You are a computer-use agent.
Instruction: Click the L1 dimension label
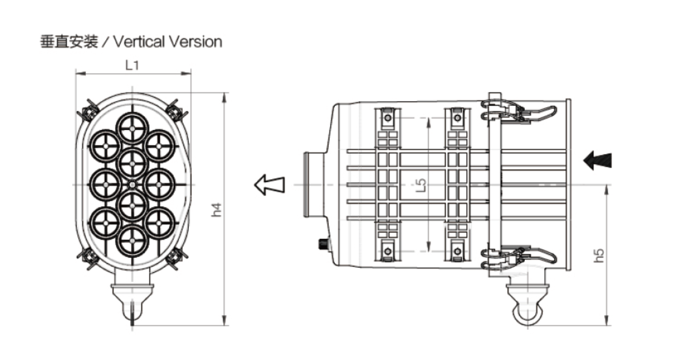click(x=132, y=65)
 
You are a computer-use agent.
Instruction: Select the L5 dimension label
click(x=422, y=185)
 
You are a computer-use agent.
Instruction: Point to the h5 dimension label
click(x=599, y=255)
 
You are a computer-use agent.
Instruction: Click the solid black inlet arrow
click(x=598, y=160)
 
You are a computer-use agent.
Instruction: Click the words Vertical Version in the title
click(x=167, y=42)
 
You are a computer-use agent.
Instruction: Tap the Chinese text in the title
click(x=68, y=42)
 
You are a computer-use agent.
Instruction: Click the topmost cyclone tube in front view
click(x=132, y=127)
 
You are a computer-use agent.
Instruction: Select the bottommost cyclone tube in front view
click(x=132, y=240)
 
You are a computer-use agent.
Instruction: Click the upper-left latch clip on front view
click(x=88, y=110)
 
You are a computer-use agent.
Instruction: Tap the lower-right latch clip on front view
click(x=176, y=258)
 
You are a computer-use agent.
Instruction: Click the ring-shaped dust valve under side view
click(x=524, y=311)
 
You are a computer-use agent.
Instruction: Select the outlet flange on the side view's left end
click(x=310, y=184)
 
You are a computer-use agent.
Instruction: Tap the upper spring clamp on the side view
click(x=518, y=112)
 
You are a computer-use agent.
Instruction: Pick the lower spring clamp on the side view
click(x=518, y=257)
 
